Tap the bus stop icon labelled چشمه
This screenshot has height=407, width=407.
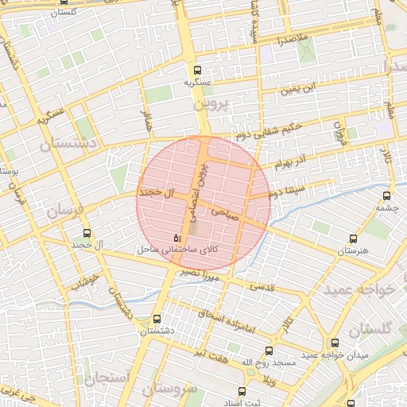(x=387, y=196)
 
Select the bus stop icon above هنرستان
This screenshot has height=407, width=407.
(x=354, y=238)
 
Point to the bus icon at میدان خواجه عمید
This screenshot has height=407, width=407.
(x=335, y=343)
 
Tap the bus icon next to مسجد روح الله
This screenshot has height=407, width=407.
(x=268, y=350)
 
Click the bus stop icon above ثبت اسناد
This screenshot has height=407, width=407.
(x=242, y=391)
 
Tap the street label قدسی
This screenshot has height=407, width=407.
(x=262, y=285)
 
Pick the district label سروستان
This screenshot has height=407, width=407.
(x=168, y=390)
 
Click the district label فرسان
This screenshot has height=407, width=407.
(x=64, y=212)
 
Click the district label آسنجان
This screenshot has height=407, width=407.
(x=105, y=378)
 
